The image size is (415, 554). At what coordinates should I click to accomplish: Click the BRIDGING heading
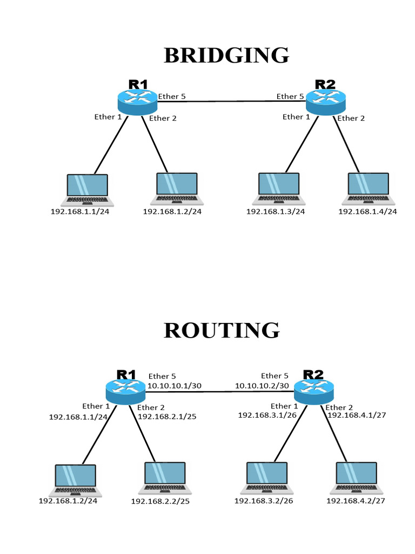click(226, 55)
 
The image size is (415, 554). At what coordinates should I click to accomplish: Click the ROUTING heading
click(222, 330)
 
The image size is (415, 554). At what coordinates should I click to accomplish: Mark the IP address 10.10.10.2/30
click(262, 386)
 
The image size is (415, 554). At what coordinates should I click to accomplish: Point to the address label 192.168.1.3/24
click(276, 212)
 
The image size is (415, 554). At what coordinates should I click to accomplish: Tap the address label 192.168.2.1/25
click(167, 417)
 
